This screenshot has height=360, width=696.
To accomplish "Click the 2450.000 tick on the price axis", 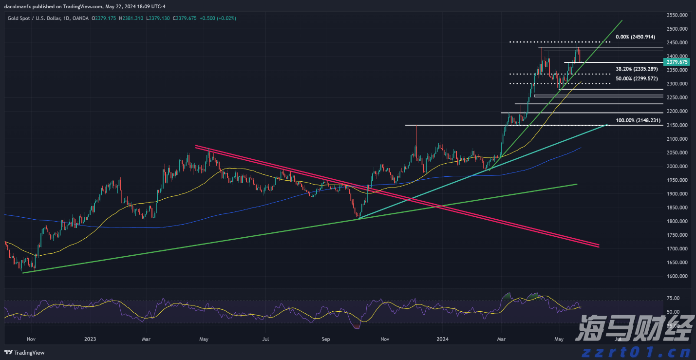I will tap(677, 43).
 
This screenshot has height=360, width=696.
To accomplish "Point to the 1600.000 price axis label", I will tap(677, 276).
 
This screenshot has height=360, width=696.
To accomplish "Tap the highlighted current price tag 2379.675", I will tap(677, 62).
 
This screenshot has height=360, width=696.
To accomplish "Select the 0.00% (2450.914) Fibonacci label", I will tap(635, 37).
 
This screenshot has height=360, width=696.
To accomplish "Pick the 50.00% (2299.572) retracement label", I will tap(637, 78).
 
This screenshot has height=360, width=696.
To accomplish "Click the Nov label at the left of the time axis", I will tap(31, 339).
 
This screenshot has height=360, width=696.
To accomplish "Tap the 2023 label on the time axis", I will tap(90, 339).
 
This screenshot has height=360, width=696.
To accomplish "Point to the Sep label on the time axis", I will tap(326, 339).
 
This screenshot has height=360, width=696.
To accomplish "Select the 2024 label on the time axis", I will tap(442, 339).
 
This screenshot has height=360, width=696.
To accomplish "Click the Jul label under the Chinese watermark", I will tap(618, 339).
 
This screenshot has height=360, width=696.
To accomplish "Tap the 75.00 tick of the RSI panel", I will tap(673, 298).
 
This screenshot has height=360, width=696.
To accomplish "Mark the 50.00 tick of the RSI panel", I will tap(673, 312).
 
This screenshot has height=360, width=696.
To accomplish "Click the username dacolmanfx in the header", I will tap(19, 7).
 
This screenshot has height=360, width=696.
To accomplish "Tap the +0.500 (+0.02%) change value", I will tap(218, 18).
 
